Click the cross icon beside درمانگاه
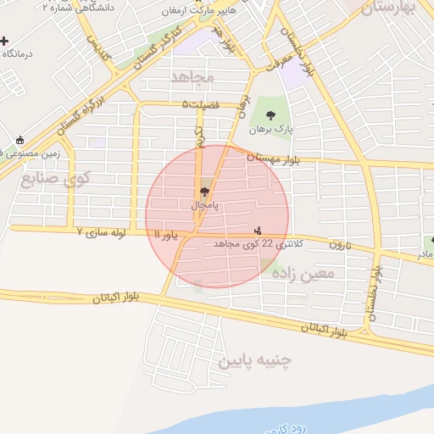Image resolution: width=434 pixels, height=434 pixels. [5, 41]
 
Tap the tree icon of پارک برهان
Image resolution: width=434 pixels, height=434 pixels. [270, 116]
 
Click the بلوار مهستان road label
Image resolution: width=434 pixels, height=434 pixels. [273, 158]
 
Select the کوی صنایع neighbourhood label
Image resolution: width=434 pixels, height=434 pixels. [56, 179]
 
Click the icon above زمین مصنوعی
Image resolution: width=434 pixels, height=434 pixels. [19, 140]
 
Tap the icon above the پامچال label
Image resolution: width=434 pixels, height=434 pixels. [203, 192]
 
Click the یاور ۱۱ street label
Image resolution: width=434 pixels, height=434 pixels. [165, 233]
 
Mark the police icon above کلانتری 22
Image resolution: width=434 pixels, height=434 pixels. [259, 230]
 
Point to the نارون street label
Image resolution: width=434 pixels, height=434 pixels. [340, 244]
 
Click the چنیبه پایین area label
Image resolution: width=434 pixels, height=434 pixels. [255, 360]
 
